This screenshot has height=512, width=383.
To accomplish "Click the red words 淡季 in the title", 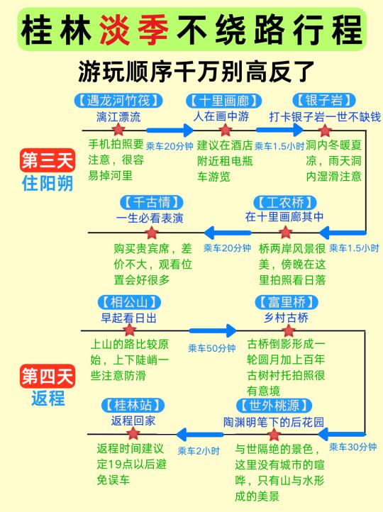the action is [134, 30].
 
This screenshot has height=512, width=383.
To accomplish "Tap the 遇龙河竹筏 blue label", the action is [118, 101].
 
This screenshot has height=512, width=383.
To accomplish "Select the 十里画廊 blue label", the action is [224, 101].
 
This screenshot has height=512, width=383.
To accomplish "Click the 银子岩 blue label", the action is [324, 100].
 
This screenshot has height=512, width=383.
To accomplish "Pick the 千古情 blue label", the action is [152, 203].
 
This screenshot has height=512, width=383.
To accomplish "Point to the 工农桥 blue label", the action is [285, 203].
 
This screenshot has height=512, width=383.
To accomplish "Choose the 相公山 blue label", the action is [129, 302].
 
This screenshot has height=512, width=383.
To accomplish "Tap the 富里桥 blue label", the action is [287, 302].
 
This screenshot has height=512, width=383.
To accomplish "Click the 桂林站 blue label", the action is [133, 405].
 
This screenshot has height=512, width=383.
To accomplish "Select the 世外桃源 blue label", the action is [274, 406].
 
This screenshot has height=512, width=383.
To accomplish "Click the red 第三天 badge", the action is [48, 160].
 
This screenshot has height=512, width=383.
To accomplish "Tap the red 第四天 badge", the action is [48, 376].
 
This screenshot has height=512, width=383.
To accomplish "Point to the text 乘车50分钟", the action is [212, 348].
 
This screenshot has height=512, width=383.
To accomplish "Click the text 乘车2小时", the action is [199, 451].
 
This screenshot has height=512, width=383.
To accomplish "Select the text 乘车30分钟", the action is [353, 447].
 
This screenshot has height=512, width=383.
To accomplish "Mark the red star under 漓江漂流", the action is [118, 130].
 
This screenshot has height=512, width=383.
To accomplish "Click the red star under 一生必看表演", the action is [152, 233].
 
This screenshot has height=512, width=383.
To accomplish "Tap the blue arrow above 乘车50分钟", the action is [213, 330].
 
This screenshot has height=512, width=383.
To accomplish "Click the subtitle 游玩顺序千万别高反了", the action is [196, 71].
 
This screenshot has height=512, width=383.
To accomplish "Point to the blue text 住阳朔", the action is [48, 183].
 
